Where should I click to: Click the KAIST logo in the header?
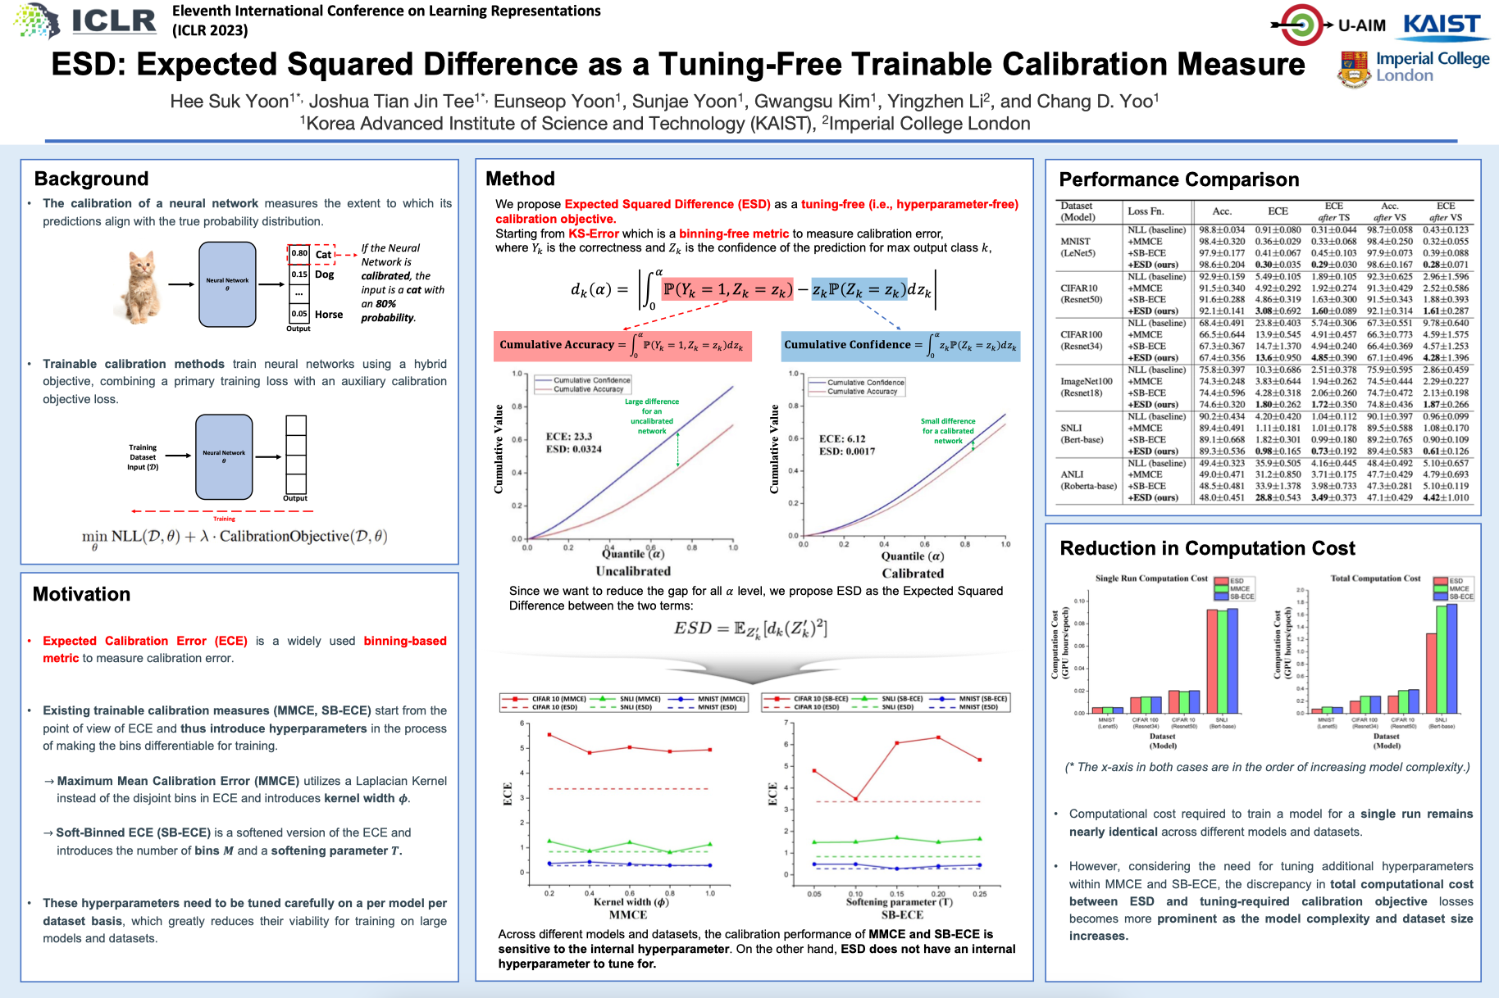(x=1446, y=25)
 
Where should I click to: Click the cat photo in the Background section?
(x=141, y=285)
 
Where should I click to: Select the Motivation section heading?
(x=81, y=594)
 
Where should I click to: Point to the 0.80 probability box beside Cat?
(x=299, y=253)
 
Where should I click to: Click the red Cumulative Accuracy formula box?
(x=622, y=345)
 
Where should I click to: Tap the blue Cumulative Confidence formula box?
(x=900, y=345)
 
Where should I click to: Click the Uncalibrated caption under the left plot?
(x=633, y=571)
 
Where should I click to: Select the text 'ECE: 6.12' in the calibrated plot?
(x=842, y=439)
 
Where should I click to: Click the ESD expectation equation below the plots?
(x=750, y=628)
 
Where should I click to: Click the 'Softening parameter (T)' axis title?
(x=900, y=902)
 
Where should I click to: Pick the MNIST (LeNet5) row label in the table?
(x=1078, y=247)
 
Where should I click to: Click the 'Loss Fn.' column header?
(x=1146, y=211)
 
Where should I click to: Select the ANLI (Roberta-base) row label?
(x=1088, y=480)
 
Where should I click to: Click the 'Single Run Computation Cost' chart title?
(x=1151, y=578)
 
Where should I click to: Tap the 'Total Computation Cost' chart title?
(x=1375, y=578)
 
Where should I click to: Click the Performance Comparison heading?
(x=1178, y=179)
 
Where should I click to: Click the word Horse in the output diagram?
(x=329, y=315)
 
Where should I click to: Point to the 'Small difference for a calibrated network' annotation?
(x=948, y=431)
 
